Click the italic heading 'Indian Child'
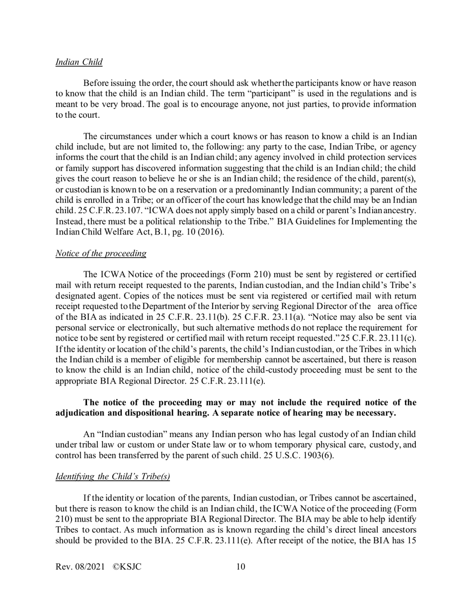(x=79, y=62)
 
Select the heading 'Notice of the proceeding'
(x=101, y=253)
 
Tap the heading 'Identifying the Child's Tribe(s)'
(x=113, y=476)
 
